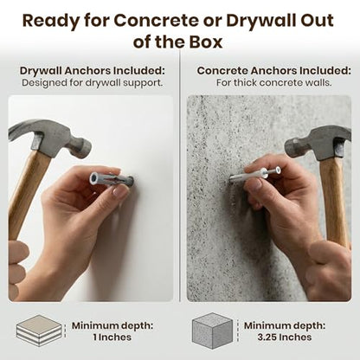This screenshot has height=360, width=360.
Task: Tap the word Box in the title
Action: [x=206, y=42]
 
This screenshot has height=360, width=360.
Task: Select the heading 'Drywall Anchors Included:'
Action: [x=93, y=71]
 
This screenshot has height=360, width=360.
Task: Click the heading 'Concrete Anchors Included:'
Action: [x=274, y=71]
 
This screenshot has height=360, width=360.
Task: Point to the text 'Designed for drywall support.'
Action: [x=93, y=83]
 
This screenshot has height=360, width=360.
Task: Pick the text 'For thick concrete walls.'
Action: [x=274, y=83]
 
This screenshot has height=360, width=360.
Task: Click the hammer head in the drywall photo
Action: [x=50, y=138]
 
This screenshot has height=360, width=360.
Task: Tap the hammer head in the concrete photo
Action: [x=318, y=143]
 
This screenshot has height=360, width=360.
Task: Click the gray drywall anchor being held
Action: [x=111, y=180]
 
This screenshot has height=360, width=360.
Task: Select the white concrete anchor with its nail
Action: [x=255, y=175]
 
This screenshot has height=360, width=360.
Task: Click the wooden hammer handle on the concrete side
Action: [x=335, y=201]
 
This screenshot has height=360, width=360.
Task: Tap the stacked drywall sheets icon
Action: [x=40, y=331]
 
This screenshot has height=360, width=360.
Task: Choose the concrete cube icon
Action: [x=212, y=331]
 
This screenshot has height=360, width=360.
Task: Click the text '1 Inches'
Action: [x=112, y=337]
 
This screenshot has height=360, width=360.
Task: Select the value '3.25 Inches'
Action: [x=285, y=337]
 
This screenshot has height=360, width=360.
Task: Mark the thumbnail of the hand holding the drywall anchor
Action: [x=119, y=191]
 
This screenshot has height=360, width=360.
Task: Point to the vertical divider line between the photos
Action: [x=180, y=176]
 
